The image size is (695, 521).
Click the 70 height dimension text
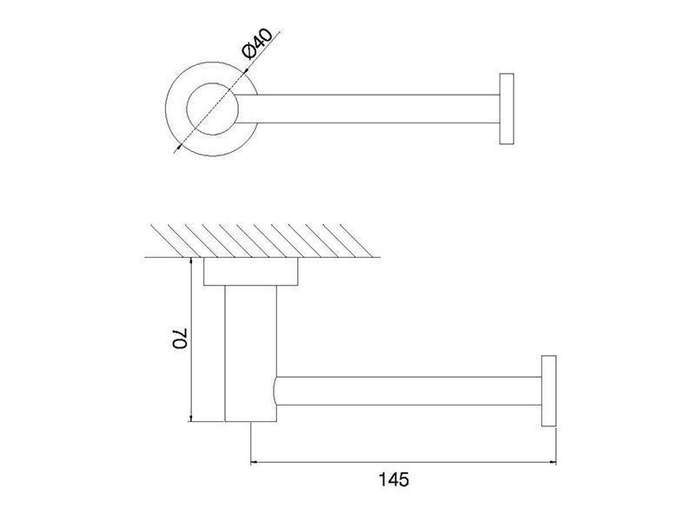click(181, 339)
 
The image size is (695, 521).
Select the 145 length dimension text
click(394, 479)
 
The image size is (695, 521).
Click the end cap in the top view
click(506, 109)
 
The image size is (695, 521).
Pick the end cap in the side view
click(549, 391)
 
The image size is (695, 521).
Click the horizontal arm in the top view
click(368, 109)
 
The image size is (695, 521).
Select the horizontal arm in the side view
click(408, 391)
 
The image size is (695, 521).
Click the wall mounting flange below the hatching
click(251, 272)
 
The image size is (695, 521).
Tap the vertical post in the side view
click(251, 353)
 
